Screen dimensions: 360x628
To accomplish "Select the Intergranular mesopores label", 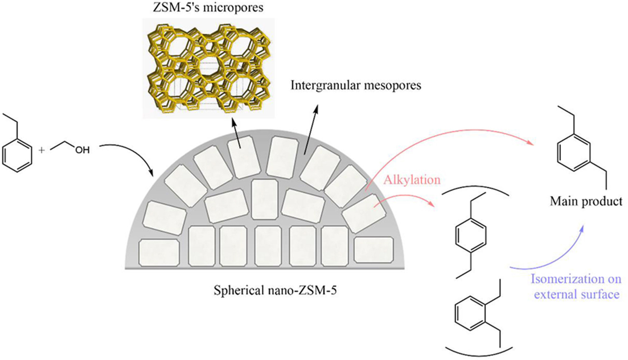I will click(356, 85).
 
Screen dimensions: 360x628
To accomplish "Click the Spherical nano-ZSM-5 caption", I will click(275, 291).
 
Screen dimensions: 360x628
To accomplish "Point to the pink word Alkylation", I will click(412, 180).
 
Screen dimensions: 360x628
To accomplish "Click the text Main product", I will click(586, 201).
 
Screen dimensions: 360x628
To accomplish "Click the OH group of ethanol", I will click(82, 150).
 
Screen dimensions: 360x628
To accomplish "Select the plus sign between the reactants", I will click(41, 150).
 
